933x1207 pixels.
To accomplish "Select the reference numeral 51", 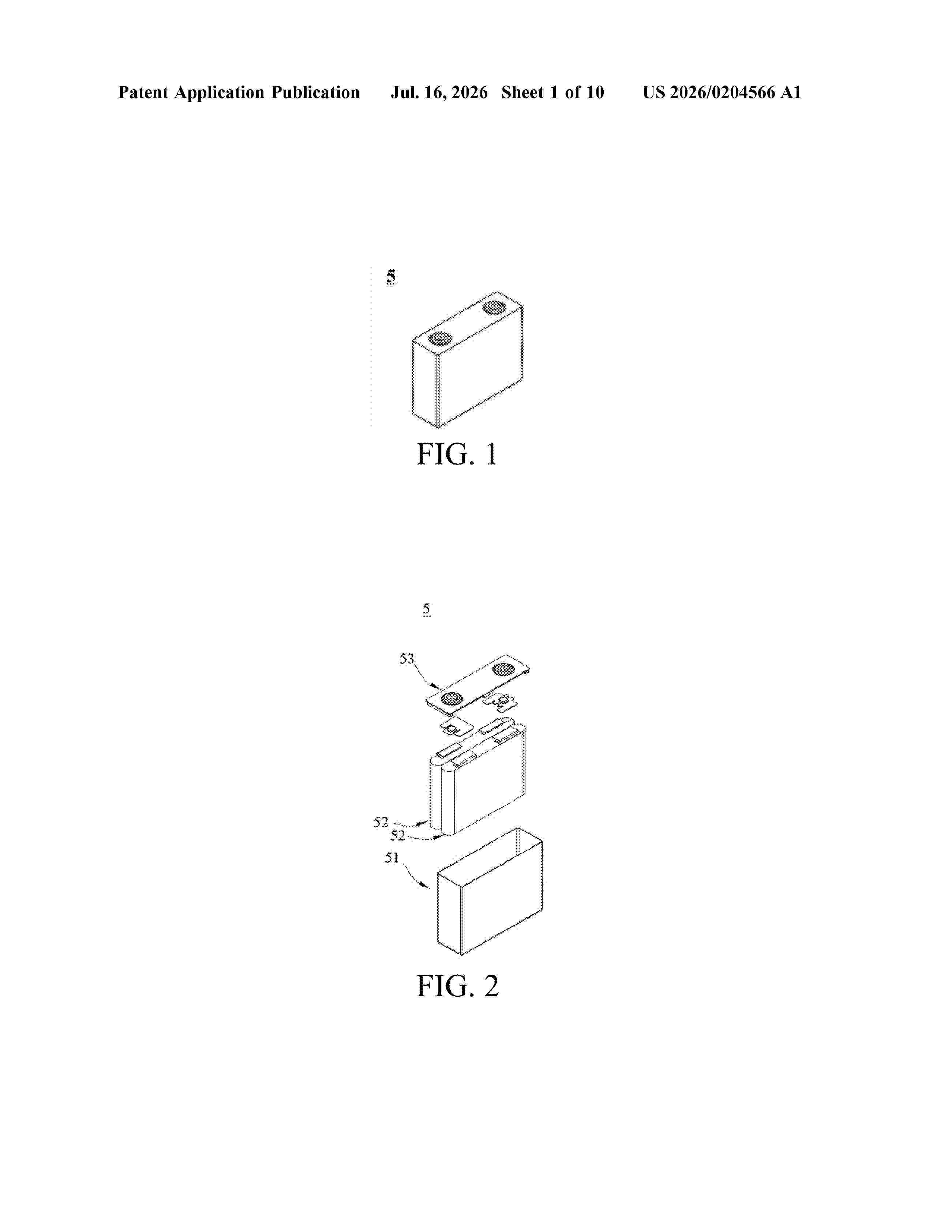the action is coord(392,858).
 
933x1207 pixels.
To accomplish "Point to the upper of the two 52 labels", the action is coord(381,822).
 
